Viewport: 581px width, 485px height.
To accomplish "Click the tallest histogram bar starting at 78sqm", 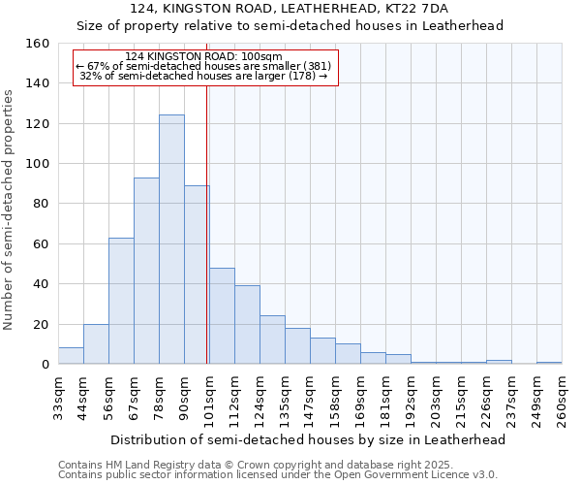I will point(171,240).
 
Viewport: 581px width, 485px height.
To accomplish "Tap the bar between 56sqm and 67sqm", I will point(121,301).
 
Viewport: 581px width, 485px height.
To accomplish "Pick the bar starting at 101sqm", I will point(222,316).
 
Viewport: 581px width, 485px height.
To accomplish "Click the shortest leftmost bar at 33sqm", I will point(71,356).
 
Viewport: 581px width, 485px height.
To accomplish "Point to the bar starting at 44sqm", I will point(96,344).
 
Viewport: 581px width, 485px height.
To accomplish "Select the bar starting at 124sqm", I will point(272,339).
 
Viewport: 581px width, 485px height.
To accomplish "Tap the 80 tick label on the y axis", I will point(41,204).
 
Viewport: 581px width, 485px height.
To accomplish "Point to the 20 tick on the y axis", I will point(41,324).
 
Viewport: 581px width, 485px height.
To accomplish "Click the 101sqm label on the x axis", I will point(209,398).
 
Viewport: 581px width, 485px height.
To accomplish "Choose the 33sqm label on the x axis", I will point(58,398).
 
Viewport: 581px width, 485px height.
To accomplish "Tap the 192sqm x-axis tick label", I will point(411,398).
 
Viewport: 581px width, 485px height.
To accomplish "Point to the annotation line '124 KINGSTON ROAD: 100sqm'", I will point(203,56).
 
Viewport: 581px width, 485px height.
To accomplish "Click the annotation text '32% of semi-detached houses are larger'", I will point(204,76).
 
